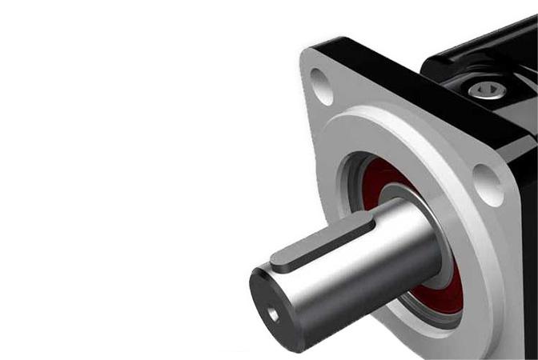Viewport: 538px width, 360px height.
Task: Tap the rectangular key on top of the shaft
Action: (320, 243)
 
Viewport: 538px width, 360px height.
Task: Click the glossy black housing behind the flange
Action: (480, 48)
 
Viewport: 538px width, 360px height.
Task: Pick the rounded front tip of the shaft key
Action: (276, 260)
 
